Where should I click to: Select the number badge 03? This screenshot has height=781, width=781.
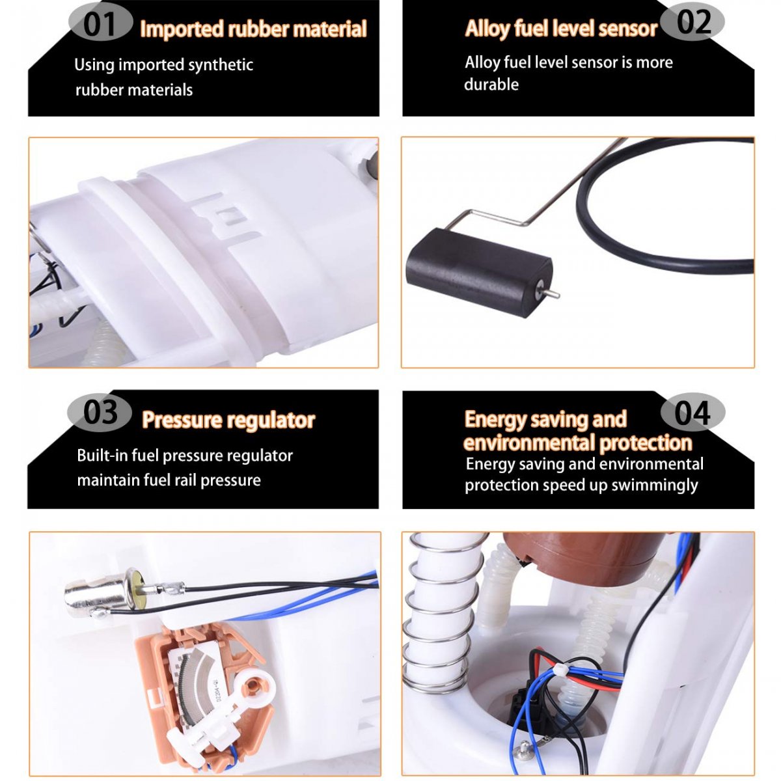[x=100, y=413]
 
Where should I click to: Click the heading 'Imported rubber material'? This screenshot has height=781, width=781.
[x=253, y=29]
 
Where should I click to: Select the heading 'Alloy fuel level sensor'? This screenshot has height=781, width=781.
[x=561, y=29]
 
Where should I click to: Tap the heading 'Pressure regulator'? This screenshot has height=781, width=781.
[x=228, y=420]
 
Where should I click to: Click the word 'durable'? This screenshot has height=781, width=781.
[x=491, y=85]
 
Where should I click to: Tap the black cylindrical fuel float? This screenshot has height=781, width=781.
[x=479, y=272]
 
